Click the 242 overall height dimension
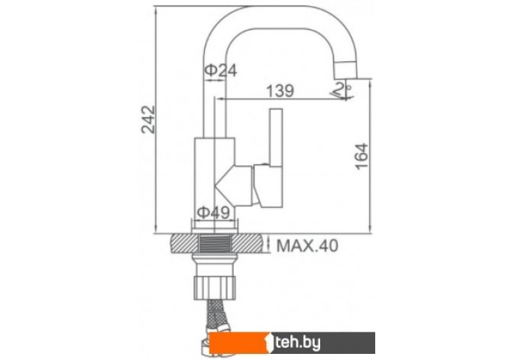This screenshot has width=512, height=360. point(148,119)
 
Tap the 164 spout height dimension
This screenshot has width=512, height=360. point(361,156)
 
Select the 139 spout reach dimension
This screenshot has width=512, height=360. point(280,91)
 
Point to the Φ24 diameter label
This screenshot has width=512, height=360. point(221,70)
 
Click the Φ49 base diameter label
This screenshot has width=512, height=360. point(213,212)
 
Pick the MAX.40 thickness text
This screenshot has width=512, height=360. point(307,245)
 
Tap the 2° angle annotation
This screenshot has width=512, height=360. point(342,89)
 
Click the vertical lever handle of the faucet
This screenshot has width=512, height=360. point(276,137)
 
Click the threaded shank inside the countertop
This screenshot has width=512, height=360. point(215,244)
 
